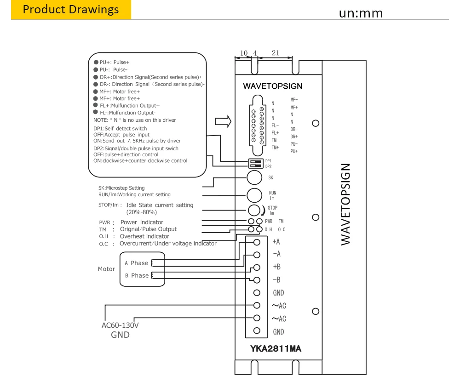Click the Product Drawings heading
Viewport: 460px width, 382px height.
point(71,9)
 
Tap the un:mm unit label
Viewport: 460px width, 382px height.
point(361,13)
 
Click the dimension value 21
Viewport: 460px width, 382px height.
point(276,53)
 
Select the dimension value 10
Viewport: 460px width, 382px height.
point(244,53)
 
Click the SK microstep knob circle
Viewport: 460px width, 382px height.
point(254,177)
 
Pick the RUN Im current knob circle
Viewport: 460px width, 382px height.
point(254,195)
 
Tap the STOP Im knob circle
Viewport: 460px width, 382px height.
point(254,210)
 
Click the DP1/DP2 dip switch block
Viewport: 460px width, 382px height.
point(255,164)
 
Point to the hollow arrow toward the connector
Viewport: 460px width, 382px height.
point(223,121)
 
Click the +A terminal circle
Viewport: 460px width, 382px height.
point(257,242)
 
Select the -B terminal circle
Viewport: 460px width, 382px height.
point(257,280)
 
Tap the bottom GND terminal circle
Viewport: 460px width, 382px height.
point(257,331)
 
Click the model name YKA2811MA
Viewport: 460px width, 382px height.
point(276,348)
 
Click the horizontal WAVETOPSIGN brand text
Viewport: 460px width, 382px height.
point(272,86)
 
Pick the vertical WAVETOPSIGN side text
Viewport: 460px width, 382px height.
point(345,205)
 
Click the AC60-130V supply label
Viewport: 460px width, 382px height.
point(120,325)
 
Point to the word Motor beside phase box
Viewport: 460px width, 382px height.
point(107,269)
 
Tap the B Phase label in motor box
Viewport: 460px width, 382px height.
point(137,275)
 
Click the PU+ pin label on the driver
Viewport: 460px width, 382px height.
point(294,151)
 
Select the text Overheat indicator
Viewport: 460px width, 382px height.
point(144,236)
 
